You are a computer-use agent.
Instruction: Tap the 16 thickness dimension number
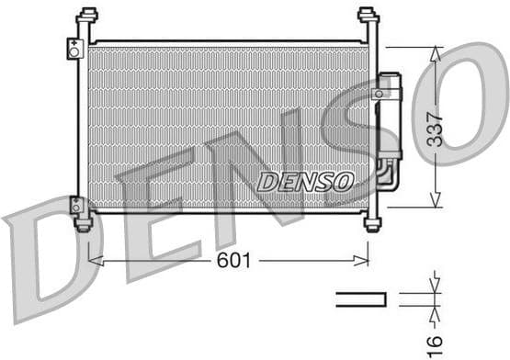[x=437, y=342]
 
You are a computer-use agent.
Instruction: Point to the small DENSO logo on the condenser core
[x=304, y=181]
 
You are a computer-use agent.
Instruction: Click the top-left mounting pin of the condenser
[x=87, y=17]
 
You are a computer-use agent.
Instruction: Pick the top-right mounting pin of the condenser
[x=368, y=17]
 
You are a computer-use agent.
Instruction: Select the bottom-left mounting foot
[x=84, y=223]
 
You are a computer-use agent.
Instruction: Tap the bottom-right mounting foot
[x=372, y=222]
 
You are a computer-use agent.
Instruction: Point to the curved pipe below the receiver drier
[x=387, y=175]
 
